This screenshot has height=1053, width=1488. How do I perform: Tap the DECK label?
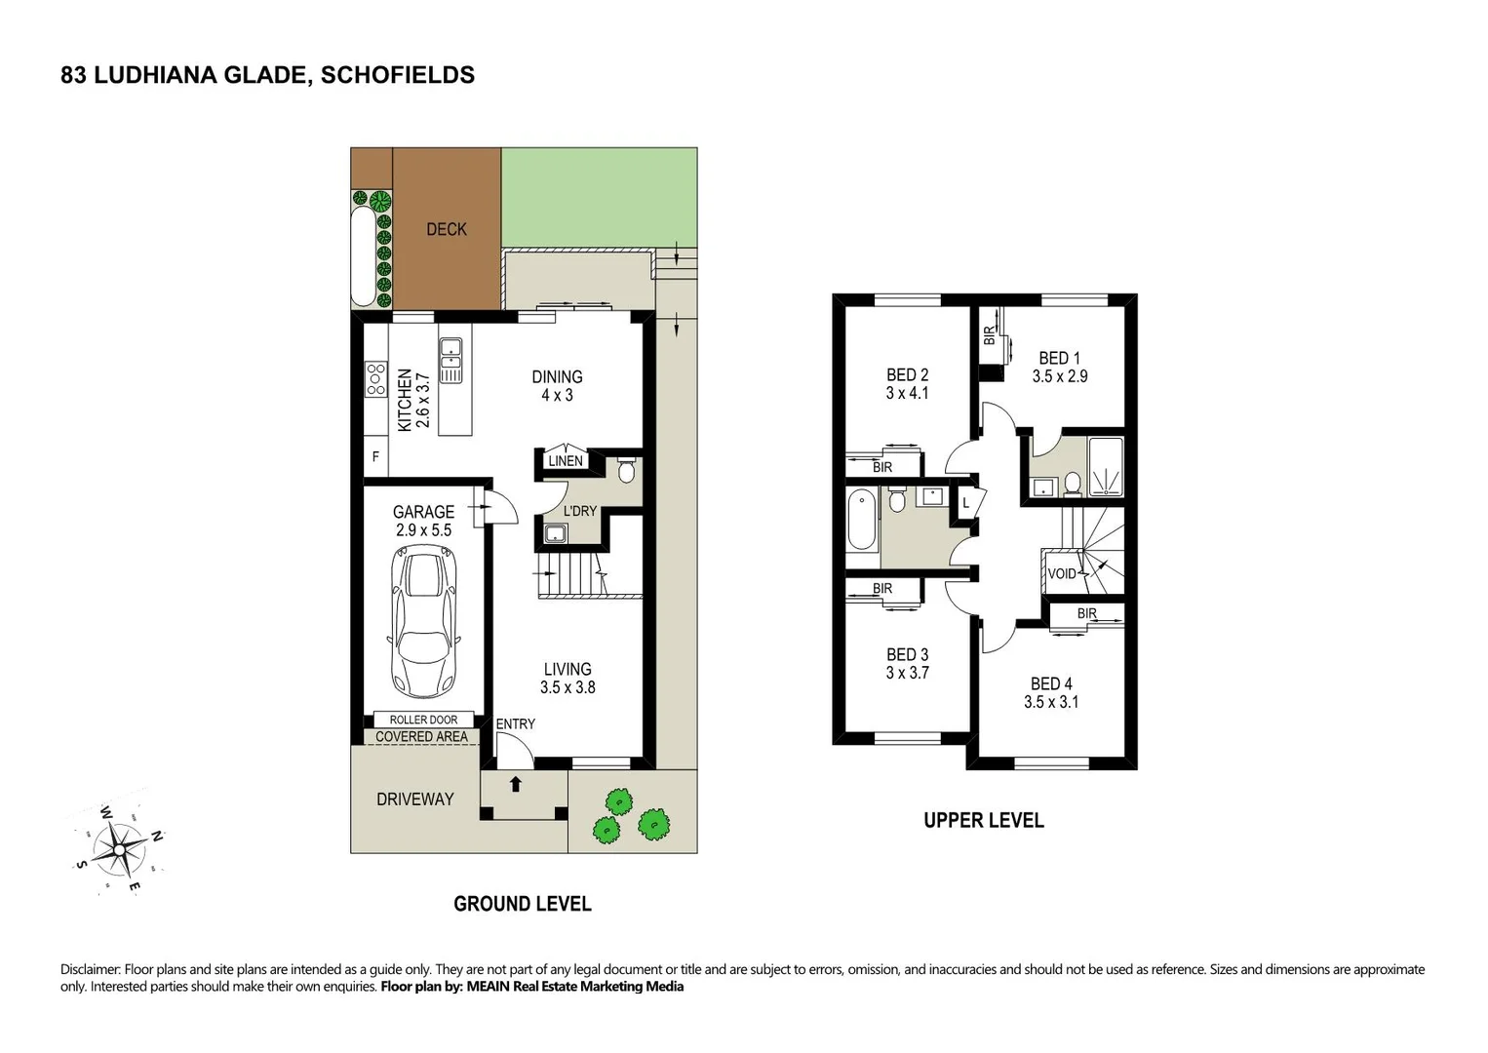coord(447,229)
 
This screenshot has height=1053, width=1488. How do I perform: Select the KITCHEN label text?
coord(404,400)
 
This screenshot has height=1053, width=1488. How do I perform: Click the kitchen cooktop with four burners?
coord(375,378)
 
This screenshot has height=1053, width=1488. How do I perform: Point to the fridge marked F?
coord(375,456)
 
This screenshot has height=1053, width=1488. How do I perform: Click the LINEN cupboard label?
coord(565,461)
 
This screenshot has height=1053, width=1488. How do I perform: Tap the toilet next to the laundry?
coord(626,470)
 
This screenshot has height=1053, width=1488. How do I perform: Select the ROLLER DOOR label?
coord(423,720)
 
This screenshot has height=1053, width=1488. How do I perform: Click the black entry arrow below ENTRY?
coord(515,784)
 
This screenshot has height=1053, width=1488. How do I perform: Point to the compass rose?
coord(119,848)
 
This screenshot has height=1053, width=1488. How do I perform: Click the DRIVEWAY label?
coord(415,799)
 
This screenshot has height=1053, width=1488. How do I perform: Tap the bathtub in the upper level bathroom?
coord(862,521)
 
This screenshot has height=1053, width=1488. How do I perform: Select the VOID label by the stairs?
coord(1062,573)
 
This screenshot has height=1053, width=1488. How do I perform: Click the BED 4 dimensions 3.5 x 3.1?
coord(1051,702)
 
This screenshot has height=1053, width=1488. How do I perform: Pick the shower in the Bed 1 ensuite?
coord(1106,468)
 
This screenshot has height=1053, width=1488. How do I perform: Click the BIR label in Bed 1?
coord(989,336)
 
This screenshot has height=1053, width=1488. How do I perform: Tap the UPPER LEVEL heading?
coord(983,821)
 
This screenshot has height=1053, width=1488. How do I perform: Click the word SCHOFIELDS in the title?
coord(398,75)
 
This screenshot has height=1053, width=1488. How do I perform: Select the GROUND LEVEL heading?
coord(522,904)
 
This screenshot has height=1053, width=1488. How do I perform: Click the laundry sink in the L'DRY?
coord(556,533)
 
